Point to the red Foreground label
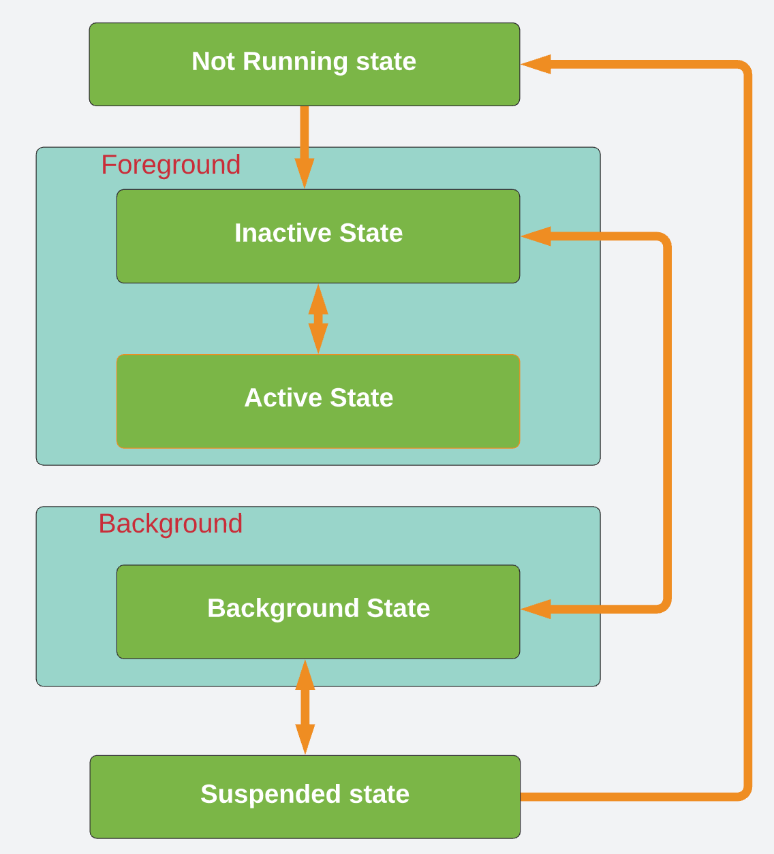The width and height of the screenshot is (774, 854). click(170, 165)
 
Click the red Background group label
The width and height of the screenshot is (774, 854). click(170, 524)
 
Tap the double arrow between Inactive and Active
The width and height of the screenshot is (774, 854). click(318, 319)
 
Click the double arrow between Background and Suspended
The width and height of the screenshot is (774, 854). click(305, 707)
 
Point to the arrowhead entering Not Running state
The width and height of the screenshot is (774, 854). click(537, 65)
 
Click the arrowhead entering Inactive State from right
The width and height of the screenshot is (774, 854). click(537, 236)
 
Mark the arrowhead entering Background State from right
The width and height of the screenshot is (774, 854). click(537, 609)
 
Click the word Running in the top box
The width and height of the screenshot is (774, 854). click(295, 62)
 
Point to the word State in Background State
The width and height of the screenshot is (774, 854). click(398, 608)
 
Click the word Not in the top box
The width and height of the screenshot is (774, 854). click(213, 61)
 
